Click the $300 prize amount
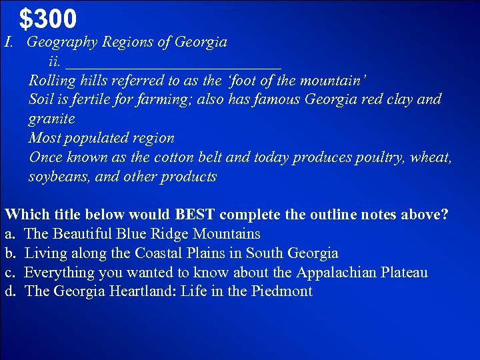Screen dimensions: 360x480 tap(48, 19)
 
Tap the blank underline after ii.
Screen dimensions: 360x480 tap(173, 63)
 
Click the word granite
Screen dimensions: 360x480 tap(51, 119)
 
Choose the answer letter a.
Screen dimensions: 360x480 tap(9, 234)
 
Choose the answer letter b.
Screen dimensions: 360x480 tap(9, 253)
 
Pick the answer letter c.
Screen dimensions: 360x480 tap(9, 273)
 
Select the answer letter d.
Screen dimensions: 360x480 tap(9, 291)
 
